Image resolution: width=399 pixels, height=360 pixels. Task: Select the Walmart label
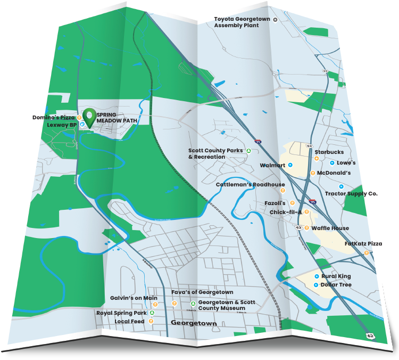point(273,166)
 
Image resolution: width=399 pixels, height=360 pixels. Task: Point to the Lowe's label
point(346,163)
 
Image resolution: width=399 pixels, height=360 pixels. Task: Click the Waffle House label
point(330,228)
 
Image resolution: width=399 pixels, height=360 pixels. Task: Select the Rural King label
point(336,277)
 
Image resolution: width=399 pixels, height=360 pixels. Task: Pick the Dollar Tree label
point(336,285)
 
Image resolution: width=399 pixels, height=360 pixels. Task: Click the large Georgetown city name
point(194,323)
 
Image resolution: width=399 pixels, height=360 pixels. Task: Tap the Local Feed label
point(130,322)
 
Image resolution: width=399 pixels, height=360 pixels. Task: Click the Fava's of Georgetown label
point(202,292)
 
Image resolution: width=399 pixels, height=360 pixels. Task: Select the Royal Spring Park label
point(121,313)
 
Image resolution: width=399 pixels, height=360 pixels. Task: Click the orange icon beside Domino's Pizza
point(79,117)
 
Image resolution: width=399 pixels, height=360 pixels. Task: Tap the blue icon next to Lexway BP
point(82,124)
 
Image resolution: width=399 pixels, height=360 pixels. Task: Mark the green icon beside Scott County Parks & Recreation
point(248,151)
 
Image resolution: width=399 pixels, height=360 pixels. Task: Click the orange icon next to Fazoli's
point(292,203)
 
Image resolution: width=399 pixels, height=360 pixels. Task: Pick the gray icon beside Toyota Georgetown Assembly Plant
point(276,20)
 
